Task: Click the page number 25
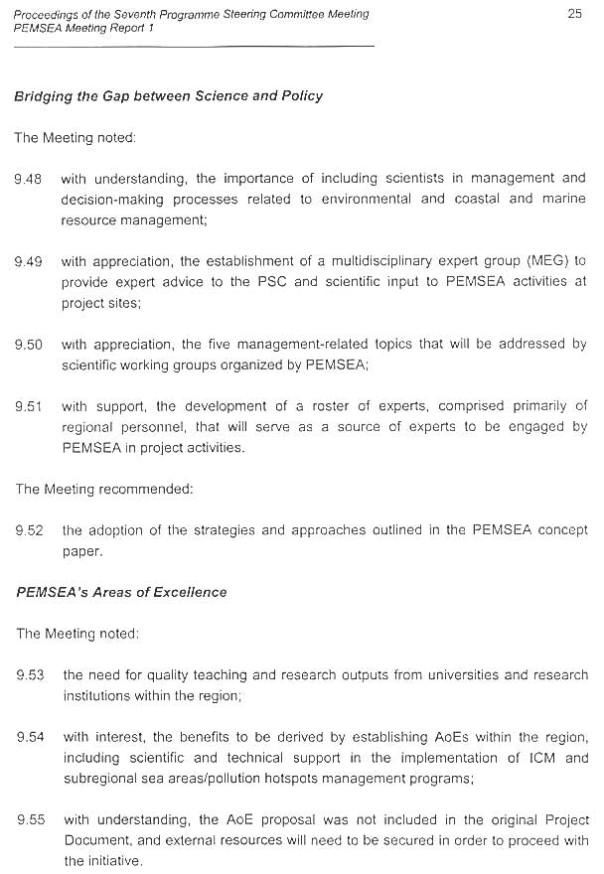tap(573, 13)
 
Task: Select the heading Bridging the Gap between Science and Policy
tap(168, 96)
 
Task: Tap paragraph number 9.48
tap(28, 180)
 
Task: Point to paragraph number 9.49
tap(28, 262)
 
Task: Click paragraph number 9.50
tap(28, 345)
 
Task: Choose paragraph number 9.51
tap(28, 406)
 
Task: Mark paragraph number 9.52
tap(29, 530)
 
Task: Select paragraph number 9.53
tap(30, 675)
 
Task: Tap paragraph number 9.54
tap(30, 737)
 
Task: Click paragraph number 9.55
tap(30, 820)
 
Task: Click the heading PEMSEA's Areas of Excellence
tap(121, 592)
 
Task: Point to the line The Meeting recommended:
tap(103, 489)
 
